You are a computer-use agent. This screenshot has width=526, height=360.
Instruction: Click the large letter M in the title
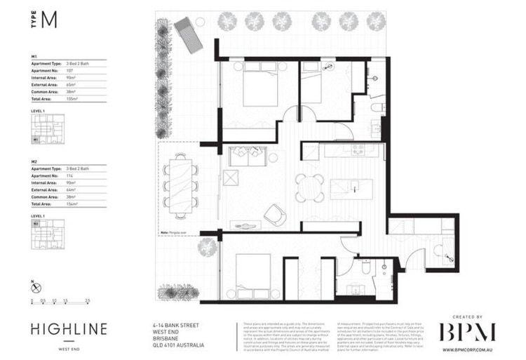click(x=48, y=20)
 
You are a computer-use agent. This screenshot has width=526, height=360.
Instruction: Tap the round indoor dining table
click(x=309, y=187)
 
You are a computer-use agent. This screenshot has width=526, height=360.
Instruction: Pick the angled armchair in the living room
click(x=274, y=213)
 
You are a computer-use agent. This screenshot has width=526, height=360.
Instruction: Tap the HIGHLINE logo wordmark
click(x=69, y=329)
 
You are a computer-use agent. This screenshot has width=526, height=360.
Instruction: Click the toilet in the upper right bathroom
click(x=377, y=107)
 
